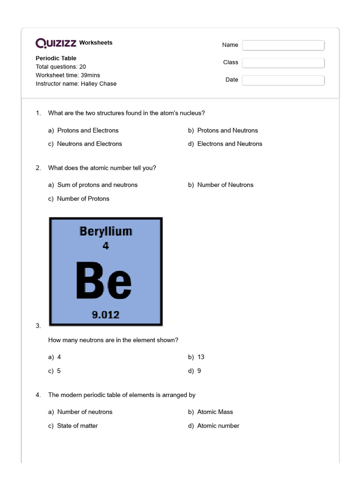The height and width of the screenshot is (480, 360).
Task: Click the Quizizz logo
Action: (56, 43)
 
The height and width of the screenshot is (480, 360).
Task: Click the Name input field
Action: (283, 45)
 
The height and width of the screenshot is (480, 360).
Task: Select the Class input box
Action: (283, 62)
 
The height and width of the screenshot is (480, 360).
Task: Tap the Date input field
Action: (283, 80)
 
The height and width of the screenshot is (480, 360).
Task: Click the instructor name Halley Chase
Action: (98, 84)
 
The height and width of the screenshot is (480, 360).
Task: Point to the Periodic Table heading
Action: (56, 59)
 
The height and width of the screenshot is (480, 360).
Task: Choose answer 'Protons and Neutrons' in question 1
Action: (227, 130)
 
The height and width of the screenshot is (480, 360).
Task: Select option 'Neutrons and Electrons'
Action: (89, 144)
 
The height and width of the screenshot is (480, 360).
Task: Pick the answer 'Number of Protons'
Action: (83, 199)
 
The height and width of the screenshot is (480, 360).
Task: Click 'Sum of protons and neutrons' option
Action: (97, 185)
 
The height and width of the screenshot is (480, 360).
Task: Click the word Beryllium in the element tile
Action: (106, 231)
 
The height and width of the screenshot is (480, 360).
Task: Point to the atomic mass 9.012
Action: (105, 315)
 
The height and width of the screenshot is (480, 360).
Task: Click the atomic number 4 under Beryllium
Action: (105, 245)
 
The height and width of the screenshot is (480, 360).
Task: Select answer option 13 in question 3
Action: (201, 357)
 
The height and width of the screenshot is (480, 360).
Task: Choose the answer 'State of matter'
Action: (77, 426)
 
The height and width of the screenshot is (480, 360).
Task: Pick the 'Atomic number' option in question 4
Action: (218, 426)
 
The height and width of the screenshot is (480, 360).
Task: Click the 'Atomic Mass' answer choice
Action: (215, 412)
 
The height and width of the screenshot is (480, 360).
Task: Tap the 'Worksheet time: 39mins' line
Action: (68, 75)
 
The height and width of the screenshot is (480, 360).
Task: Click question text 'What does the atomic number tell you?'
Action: (102, 168)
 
